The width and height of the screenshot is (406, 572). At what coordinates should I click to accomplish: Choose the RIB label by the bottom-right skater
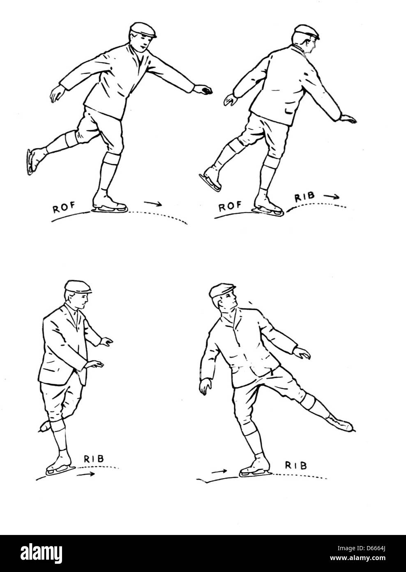[296, 465]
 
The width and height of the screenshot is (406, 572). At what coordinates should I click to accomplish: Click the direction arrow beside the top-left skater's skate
[152, 203]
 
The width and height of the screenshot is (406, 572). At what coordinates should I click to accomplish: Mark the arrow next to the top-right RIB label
[332, 197]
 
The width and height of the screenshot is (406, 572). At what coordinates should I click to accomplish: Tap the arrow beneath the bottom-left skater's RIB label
[87, 474]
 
